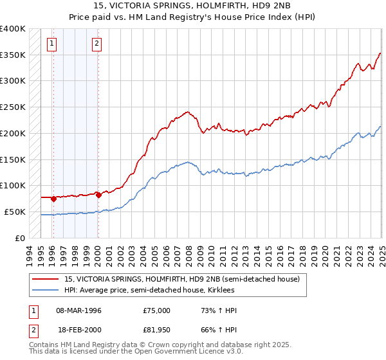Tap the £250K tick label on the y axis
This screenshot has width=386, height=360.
tap(13, 107)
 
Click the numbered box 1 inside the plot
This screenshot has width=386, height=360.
tap(51, 44)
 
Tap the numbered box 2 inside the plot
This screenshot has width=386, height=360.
tap(96, 44)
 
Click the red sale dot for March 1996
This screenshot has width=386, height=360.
tap(53, 199)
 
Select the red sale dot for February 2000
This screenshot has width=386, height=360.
tap(98, 195)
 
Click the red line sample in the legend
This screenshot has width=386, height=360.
tap(46, 279)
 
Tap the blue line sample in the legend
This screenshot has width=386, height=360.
tap(46, 290)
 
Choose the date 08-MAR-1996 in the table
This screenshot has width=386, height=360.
tap(78, 310)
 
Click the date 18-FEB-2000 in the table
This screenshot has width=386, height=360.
tap(78, 330)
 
